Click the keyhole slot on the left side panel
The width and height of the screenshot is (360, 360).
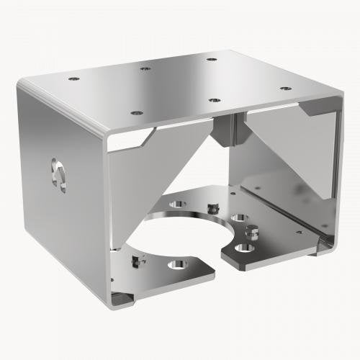click(x=58, y=175)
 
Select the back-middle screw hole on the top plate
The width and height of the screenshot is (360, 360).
click(x=145, y=68)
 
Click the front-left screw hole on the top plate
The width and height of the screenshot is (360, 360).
click(x=135, y=112)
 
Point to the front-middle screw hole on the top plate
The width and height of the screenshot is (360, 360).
click(x=214, y=99)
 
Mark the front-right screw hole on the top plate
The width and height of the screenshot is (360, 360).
click(x=286, y=88)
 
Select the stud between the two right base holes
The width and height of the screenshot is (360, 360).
click(x=252, y=231)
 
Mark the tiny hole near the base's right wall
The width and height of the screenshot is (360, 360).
click(x=300, y=231)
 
